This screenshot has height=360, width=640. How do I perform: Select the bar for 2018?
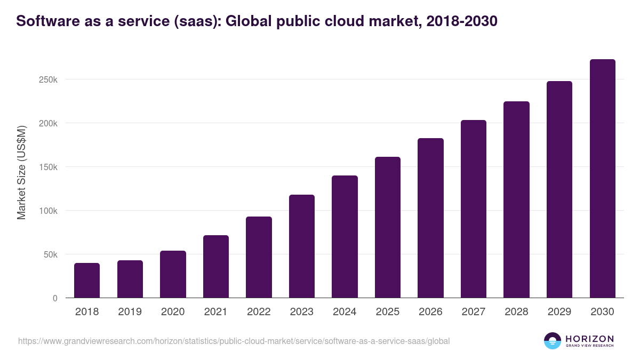click(x=87, y=281)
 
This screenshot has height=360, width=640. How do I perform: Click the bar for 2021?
click(x=215, y=267)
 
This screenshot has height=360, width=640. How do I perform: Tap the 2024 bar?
click(x=345, y=237)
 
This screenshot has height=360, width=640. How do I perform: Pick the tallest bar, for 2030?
click(x=602, y=179)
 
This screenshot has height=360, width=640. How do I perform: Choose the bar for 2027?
click(x=474, y=209)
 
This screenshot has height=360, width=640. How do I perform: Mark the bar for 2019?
click(x=130, y=279)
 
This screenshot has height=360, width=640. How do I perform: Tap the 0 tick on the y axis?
click(x=55, y=299)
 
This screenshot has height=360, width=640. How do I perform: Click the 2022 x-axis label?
click(x=259, y=312)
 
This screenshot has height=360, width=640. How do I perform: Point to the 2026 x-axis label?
click(x=430, y=312)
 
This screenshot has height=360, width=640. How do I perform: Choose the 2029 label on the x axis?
click(x=559, y=312)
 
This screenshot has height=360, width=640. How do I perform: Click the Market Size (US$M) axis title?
click(x=21, y=173)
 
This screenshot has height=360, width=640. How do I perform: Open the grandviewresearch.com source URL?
click(x=234, y=341)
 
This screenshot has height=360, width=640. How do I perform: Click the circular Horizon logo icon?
click(x=553, y=341)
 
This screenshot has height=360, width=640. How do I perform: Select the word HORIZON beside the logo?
click(x=589, y=338)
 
